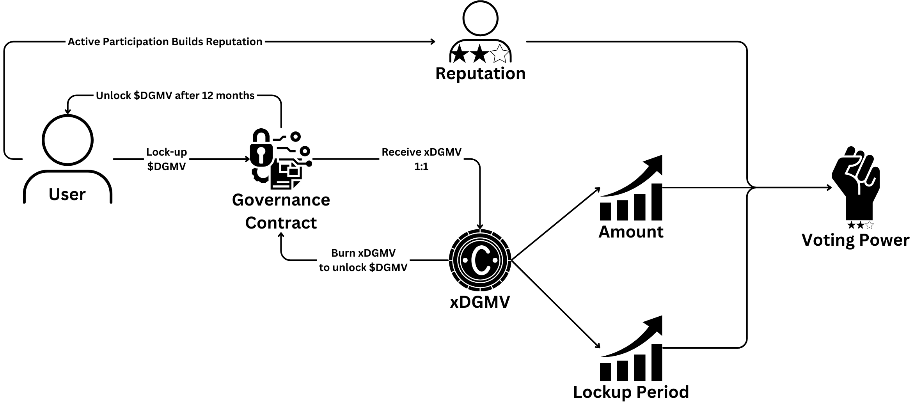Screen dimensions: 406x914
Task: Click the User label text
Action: (67, 194)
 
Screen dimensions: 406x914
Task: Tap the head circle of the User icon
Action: (67, 140)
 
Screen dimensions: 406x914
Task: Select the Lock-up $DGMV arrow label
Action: (167, 159)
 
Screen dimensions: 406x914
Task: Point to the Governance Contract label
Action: (281, 211)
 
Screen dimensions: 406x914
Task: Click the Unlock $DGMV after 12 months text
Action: (175, 96)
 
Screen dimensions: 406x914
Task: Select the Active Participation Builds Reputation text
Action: (165, 42)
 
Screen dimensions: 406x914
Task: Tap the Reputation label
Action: (480, 74)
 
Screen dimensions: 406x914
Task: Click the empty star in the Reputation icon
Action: (500, 54)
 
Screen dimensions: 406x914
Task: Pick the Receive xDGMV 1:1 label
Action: (421, 159)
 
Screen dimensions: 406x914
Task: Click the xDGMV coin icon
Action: (480, 260)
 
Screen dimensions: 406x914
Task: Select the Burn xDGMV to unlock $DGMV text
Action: (363, 260)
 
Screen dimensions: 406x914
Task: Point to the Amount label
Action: (631, 232)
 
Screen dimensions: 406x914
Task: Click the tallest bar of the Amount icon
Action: (657, 202)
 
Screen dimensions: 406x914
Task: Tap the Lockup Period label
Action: (631, 392)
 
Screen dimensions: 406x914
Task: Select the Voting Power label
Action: (855, 240)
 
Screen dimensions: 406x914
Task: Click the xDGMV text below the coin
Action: (480, 302)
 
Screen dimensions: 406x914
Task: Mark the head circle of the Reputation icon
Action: (480, 18)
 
